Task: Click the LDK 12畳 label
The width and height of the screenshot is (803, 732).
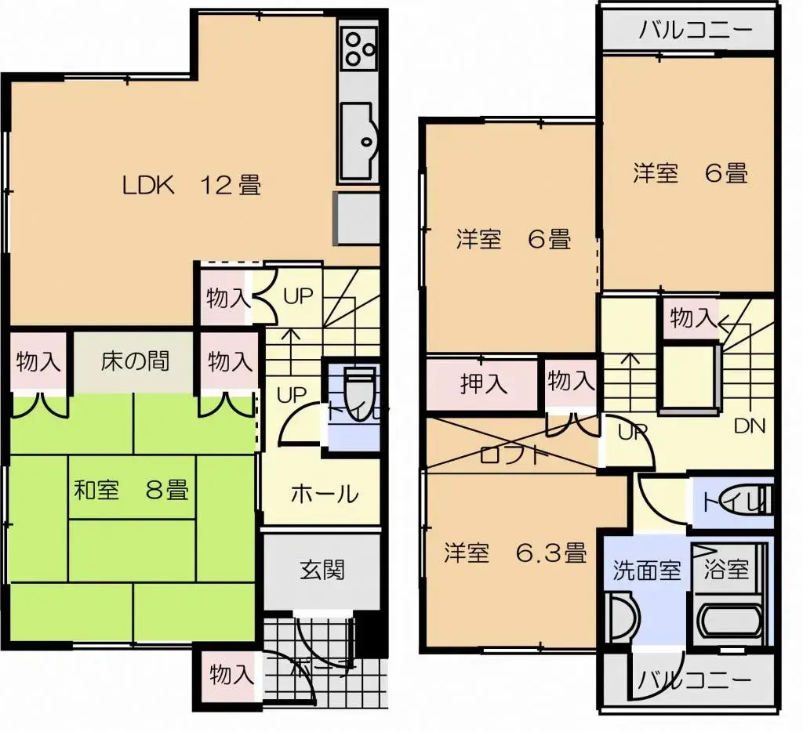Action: point(191,186)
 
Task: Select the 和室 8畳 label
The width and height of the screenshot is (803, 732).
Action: point(131,491)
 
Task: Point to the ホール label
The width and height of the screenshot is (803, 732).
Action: point(325,495)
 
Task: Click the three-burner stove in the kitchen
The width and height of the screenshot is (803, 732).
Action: point(359,45)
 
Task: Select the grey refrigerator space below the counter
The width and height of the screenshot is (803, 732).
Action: point(358,219)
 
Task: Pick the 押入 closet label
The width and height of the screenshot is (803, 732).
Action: point(483,384)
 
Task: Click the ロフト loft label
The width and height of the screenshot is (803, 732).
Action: point(510,455)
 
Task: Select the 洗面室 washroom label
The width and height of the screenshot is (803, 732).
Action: point(646,570)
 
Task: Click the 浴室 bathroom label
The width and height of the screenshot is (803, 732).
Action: point(727,570)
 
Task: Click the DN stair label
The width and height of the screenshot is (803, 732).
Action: point(749,426)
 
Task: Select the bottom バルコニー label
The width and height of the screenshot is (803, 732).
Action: point(693,679)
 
